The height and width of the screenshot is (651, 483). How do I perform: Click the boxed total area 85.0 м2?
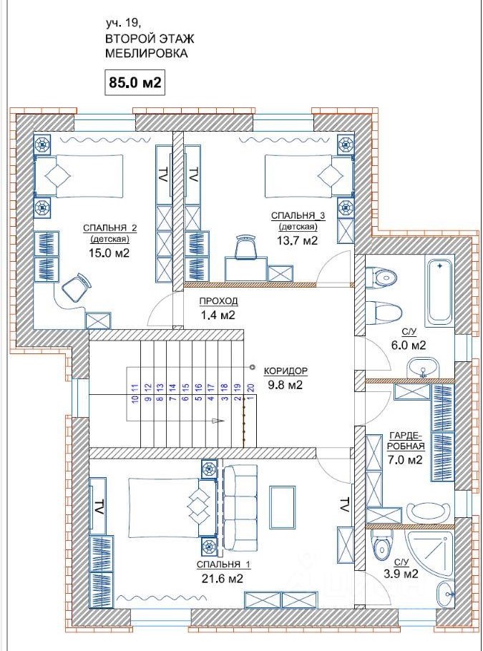(x=134, y=82)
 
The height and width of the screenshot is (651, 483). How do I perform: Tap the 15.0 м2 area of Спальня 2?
(x=109, y=253)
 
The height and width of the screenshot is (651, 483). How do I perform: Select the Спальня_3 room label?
(x=298, y=216)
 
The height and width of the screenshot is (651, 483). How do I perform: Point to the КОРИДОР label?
(x=286, y=370)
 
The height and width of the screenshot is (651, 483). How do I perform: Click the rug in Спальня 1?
(x=283, y=506)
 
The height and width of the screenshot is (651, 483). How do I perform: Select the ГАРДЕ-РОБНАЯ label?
(x=406, y=441)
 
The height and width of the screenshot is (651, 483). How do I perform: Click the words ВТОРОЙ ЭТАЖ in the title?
(x=150, y=39)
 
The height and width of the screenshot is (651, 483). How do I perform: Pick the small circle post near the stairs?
(x=252, y=366)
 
